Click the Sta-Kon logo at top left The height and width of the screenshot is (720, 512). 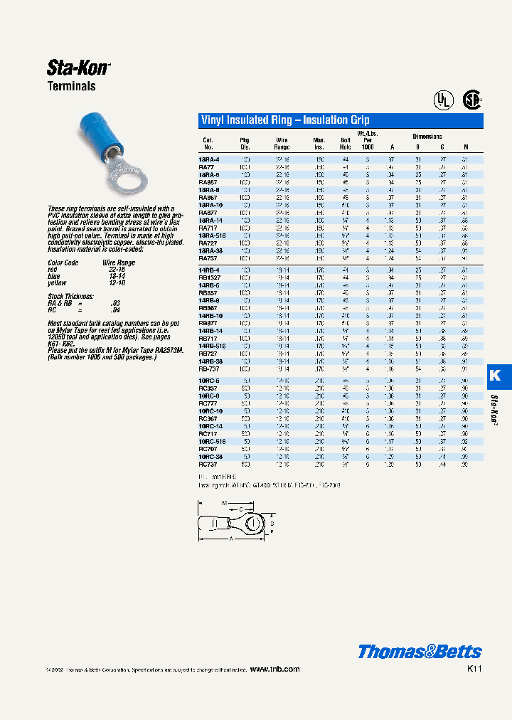[78, 68]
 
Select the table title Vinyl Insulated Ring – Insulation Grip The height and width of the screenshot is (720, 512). [285, 121]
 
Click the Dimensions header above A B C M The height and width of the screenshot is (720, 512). [427, 137]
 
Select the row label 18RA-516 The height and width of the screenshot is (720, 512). [213, 235]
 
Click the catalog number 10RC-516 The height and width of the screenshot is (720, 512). [213, 441]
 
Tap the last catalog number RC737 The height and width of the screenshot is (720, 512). [208, 463]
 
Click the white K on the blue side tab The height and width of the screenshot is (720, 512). [496, 376]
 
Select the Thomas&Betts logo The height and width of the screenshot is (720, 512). [420, 652]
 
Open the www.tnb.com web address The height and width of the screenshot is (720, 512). [275, 669]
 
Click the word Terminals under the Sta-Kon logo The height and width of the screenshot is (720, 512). [71, 87]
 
